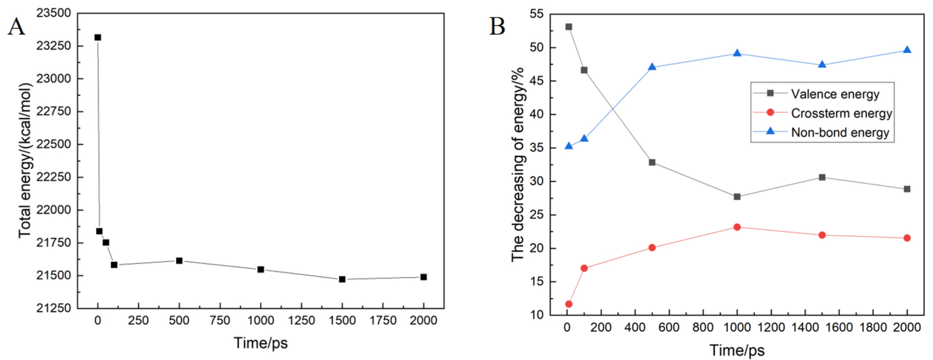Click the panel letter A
[16, 27]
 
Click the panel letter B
[497, 27]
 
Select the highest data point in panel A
[98, 37]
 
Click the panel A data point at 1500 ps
[342, 279]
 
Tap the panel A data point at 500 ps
[179, 261]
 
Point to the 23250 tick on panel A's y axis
[54, 46]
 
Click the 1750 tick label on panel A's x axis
[383, 320]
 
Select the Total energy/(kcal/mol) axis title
[25, 160]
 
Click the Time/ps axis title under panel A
[260, 343]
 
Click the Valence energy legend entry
[835, 94]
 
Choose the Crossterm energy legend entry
[841, 113]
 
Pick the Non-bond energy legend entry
[840, 133]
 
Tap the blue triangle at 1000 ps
[737, 53]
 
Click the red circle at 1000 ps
[737, 227]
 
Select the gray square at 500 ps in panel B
[652, 162]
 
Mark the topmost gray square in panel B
[568, 27]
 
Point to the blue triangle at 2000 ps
[907, 50]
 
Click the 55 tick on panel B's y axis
[536, 14]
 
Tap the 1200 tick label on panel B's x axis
[771, 327]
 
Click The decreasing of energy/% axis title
[517, 164]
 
